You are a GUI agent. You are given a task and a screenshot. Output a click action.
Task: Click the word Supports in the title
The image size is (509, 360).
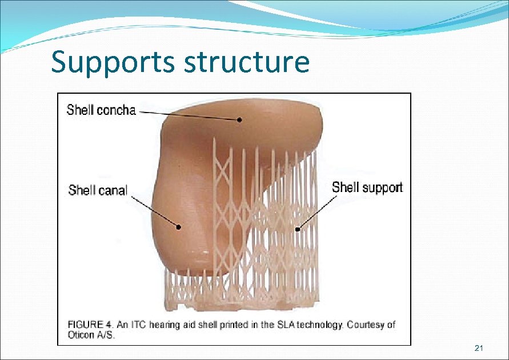click(x=114, y=63)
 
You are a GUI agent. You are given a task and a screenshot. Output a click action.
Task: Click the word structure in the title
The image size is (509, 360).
click(x=247, y=63)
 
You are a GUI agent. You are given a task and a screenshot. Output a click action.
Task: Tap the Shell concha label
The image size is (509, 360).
click(x=101, y=110)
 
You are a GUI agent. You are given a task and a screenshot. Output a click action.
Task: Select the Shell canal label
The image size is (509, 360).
click(x=98, y=190)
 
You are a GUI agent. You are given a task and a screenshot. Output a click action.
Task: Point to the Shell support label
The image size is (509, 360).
click(x=367, y=187)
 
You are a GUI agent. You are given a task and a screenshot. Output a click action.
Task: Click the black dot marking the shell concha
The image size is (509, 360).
click(x=241, y=120)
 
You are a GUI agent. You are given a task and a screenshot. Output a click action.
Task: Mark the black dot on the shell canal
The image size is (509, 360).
click(x=179, y=227)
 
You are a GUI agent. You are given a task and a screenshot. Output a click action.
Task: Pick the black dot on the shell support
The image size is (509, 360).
click(x=297, y=229)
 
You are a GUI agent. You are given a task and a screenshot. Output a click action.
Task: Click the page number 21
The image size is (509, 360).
click(x=479, y=349)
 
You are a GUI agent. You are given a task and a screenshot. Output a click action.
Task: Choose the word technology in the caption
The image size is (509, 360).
click(x=315, y=325)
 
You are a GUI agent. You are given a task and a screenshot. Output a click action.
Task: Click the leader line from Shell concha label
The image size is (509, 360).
click(x=189, y=115)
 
